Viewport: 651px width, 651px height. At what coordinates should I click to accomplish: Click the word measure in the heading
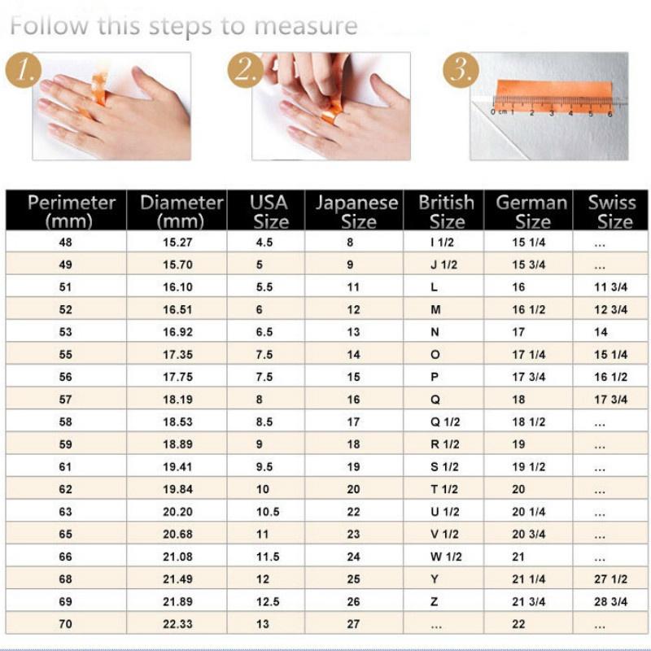tap(305, 25)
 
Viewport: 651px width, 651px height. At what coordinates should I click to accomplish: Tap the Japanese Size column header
tap(356, 212)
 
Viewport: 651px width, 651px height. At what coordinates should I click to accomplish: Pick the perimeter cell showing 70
tap(66, 625)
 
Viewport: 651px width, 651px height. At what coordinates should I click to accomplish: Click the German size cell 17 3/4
tap(529, 377)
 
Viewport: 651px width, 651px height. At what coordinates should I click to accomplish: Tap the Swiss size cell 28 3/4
tap(611, 603)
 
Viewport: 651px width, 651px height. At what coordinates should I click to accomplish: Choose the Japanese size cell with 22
tap(353, 512)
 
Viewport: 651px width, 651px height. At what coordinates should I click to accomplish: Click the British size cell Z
tap(435, 603)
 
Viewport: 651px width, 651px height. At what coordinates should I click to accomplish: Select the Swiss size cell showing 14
tap(601, 332)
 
